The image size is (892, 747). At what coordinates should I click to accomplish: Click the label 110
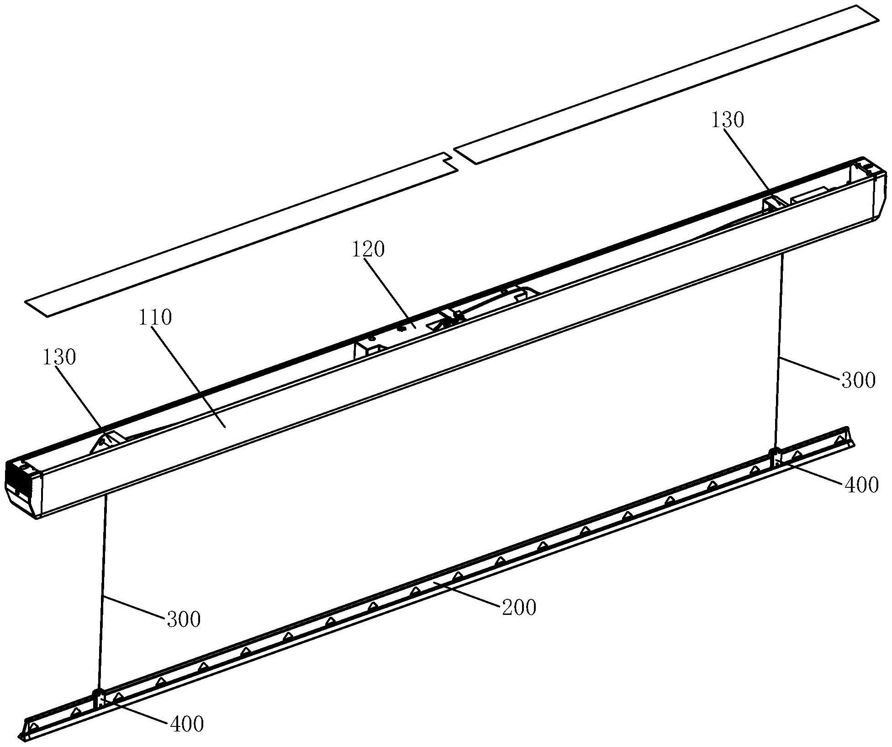155,317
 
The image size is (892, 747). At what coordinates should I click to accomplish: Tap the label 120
368,250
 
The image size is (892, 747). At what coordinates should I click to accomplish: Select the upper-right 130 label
728,120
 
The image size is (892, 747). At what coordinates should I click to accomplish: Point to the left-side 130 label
59,357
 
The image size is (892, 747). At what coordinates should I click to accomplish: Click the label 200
519,608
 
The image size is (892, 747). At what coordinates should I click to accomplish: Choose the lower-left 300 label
184,620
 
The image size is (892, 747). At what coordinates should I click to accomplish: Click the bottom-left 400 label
186,724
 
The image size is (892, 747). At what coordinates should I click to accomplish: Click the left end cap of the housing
23,487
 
